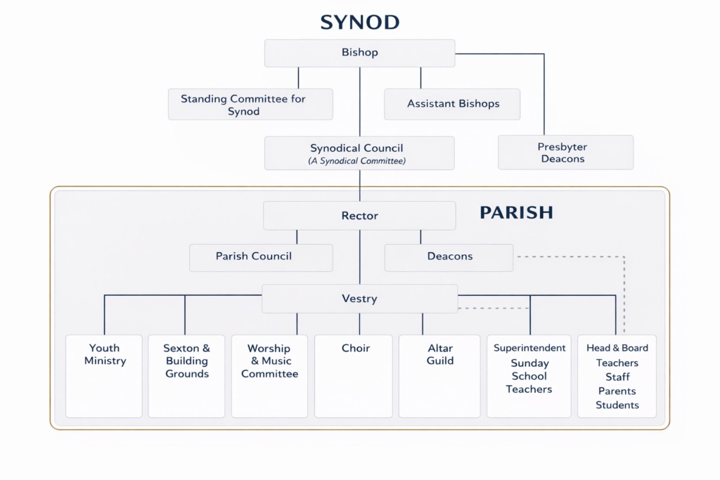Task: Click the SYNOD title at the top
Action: point(359,22)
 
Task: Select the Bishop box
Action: point(359,53)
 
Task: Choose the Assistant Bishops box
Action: point(453,104)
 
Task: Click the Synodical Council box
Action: point(359,153)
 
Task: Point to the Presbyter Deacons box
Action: point(565,153)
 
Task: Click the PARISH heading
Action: point(516,212)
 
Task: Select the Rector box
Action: point(359,216)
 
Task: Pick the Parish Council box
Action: point(254,257)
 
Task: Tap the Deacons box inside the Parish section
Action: point(449,257)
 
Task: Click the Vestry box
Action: point(359,299)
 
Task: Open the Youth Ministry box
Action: point(105,376)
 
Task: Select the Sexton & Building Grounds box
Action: point(186,376)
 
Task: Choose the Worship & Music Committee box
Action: point(269,376)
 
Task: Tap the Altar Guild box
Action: point(440,376)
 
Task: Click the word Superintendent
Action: point(529,348)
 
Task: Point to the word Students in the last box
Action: point(617,405)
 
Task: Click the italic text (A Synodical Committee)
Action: point(359,161)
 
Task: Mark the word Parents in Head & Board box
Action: point(617,391)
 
